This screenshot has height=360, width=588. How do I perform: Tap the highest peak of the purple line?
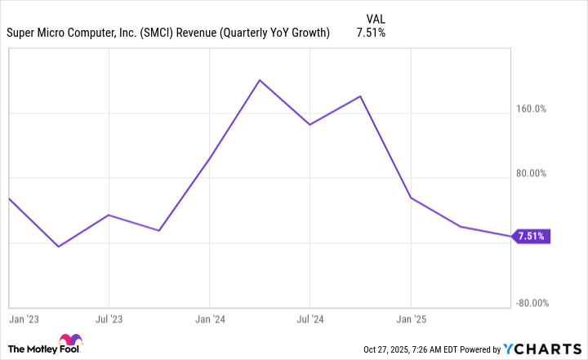coord(260,80)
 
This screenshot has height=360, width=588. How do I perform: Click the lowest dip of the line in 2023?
coord(58,246)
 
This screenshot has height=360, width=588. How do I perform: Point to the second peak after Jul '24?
coord(360,96)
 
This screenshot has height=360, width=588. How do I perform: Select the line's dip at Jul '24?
coord(310,125)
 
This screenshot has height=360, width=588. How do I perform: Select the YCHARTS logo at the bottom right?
coord(541,349)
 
